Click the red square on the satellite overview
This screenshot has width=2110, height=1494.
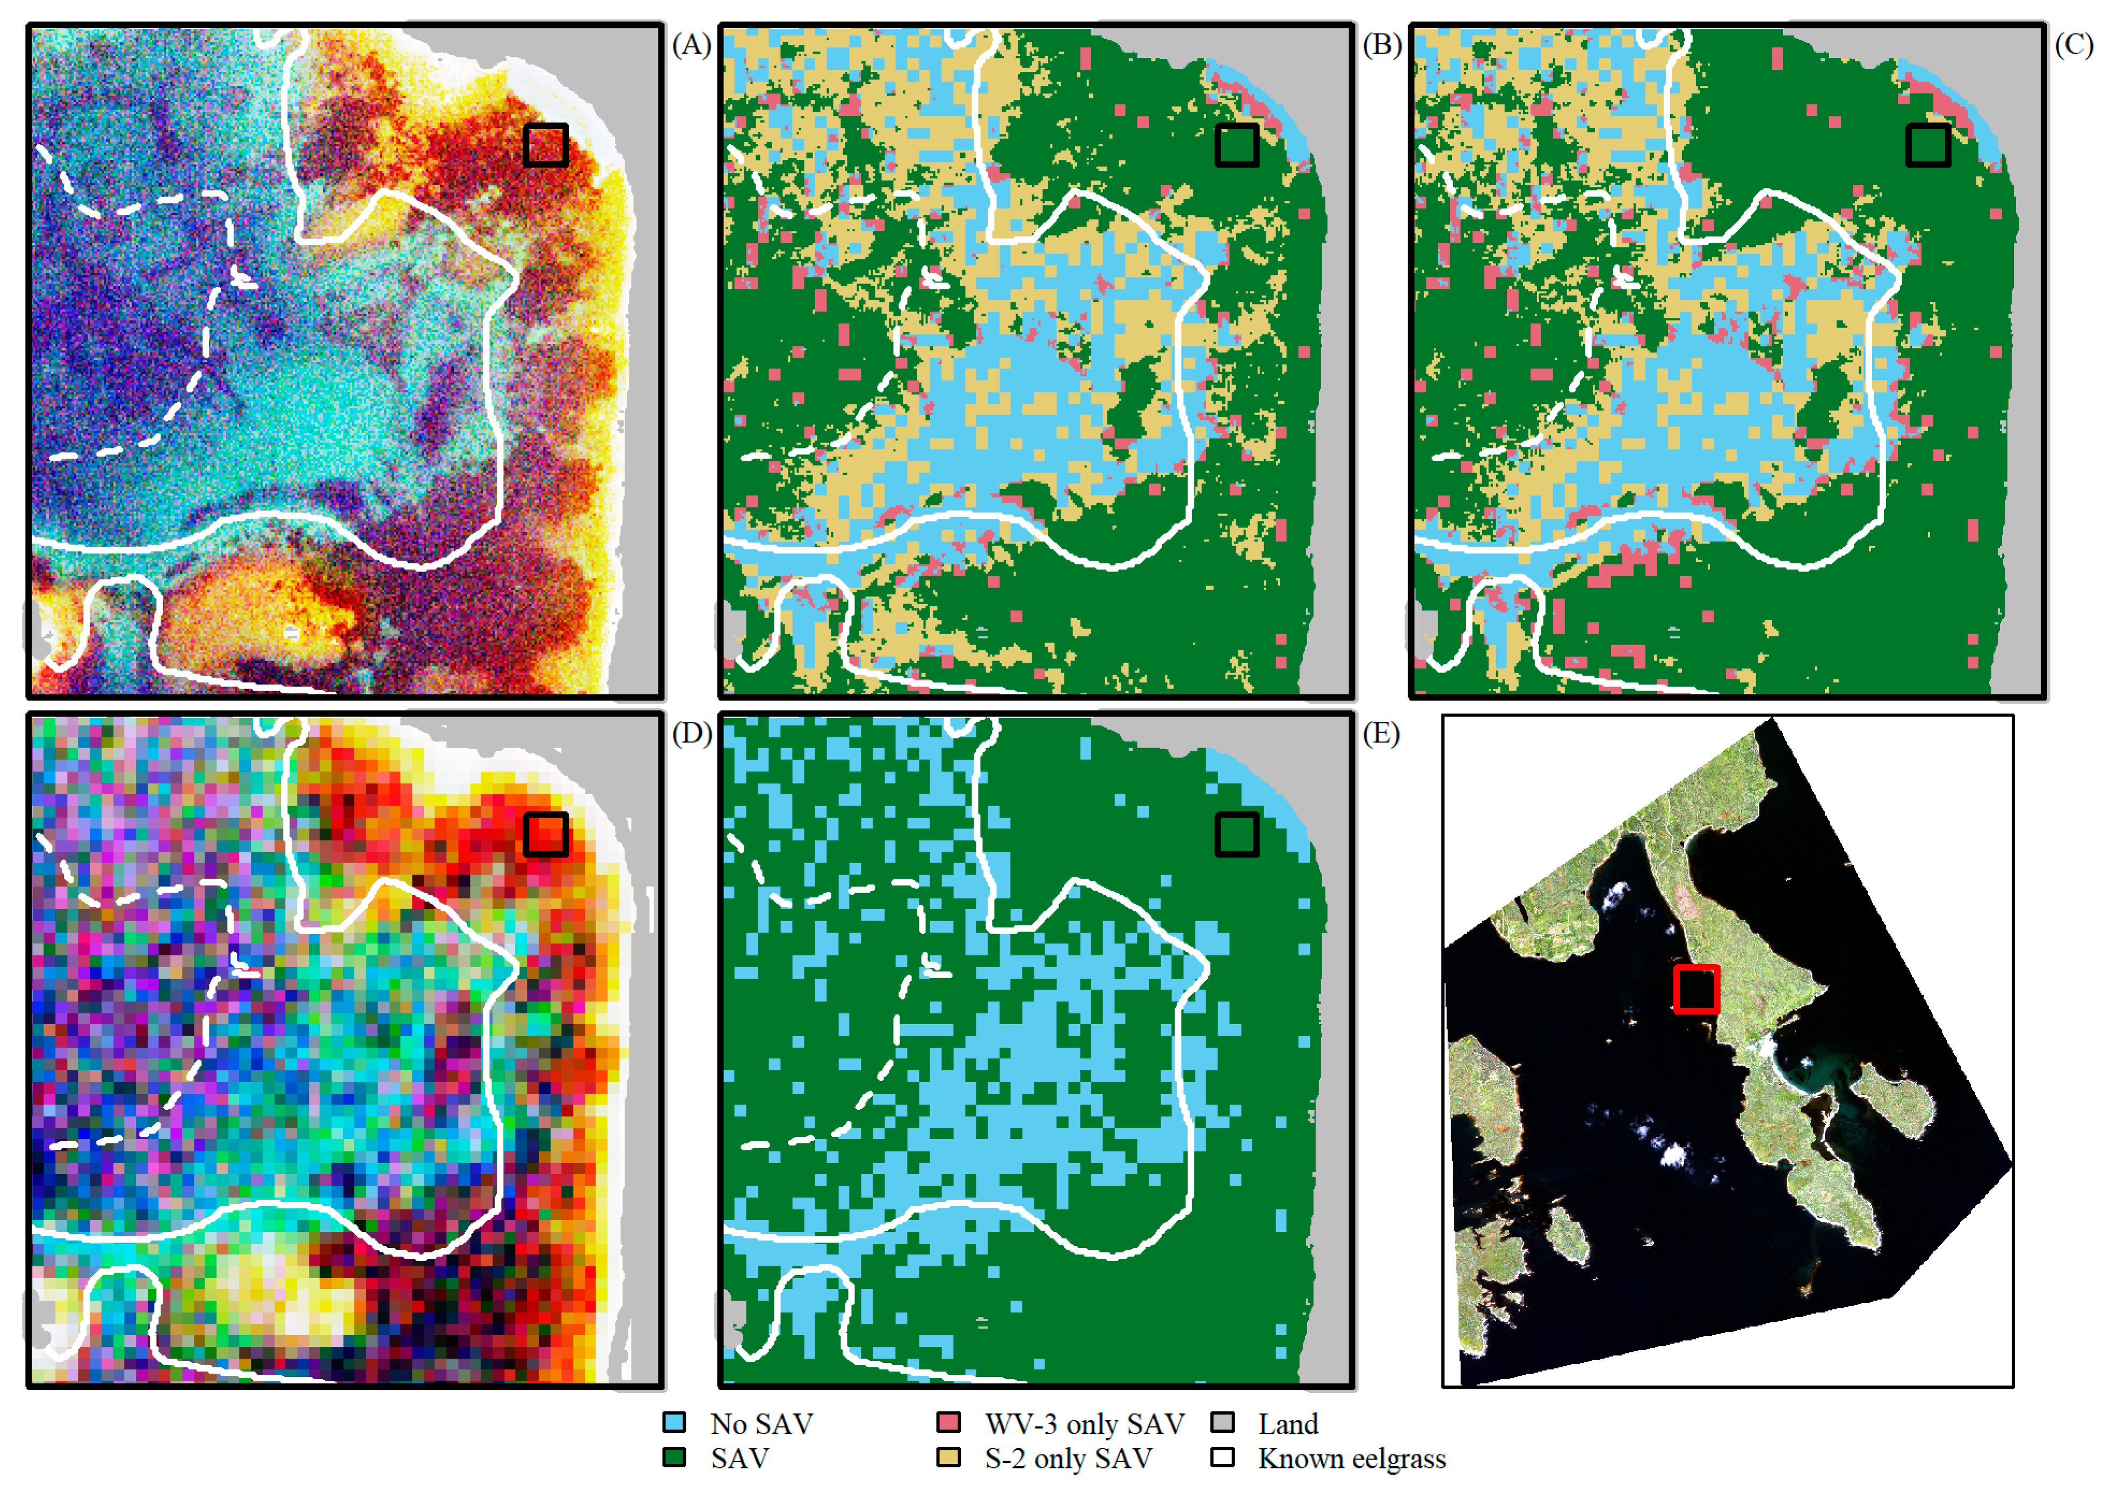pyautogui.click(x=1696, y=989)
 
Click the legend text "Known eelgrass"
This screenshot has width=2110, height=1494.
pyautogui.click(x=1351, y=1459)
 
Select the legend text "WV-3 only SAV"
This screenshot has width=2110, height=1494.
pyautogui.click(x=1084, y=1424)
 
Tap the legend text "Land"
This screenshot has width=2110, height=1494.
pyautogui.click(x=1288, y=1424)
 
